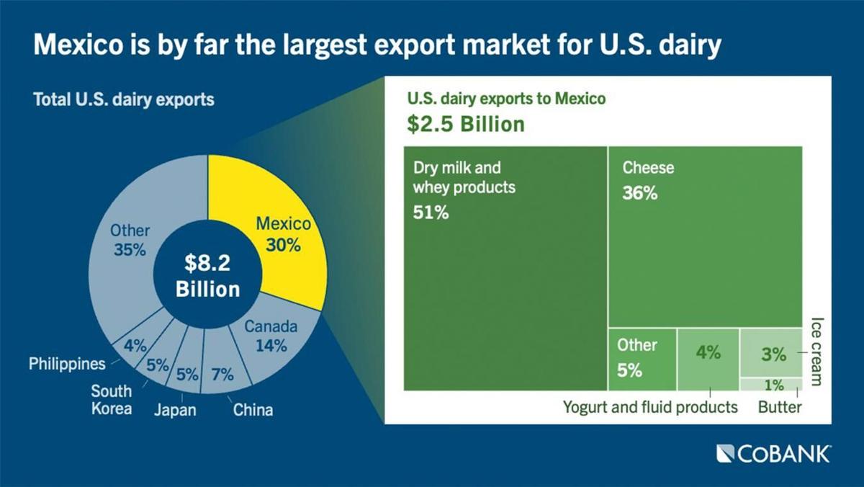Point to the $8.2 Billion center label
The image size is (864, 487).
[207, 276]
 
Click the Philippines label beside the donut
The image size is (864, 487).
[67, 364]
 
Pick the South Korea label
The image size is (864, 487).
[111, 400]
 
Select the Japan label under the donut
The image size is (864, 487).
[175, 411]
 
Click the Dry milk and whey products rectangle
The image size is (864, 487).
[505, 288]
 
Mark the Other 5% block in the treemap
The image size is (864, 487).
[642, 359]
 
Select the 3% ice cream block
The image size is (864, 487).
[770, 352]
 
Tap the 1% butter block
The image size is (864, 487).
[770, 385]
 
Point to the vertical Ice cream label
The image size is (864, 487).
[816, 351]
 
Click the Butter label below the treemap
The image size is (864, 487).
[780, 408]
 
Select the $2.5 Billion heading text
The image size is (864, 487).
[465, 123]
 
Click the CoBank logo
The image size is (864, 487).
[773, 454]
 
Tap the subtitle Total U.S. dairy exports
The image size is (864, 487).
[124, 99]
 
